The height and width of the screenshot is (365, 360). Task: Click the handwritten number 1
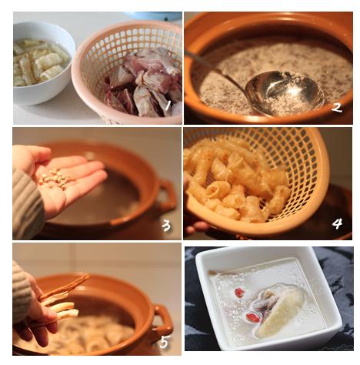point(168,105)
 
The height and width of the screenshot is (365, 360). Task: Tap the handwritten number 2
point(337,108)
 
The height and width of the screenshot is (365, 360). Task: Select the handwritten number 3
point(166,226)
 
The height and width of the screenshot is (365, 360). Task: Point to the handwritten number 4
point(337,224)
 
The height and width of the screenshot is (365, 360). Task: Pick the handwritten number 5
point(164,342)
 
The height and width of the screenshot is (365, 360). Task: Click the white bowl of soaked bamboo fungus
point(42,63)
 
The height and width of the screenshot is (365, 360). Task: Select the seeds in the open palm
point(55,178)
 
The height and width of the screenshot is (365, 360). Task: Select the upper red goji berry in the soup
point(239,293)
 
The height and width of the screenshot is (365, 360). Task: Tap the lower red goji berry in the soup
point(253,316)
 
